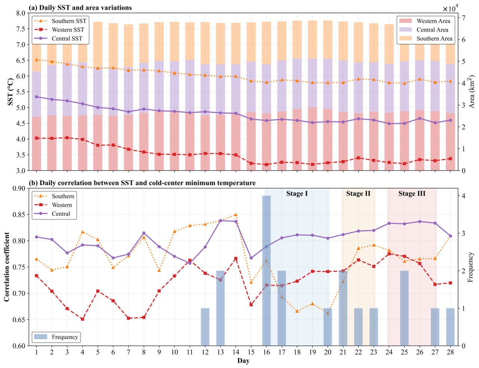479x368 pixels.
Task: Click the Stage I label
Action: (x=297, y=193)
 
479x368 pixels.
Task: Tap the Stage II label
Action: (x=358, y=193)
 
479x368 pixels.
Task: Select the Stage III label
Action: (x=412, y=193)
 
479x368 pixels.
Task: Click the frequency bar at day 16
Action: (x=266, y=271)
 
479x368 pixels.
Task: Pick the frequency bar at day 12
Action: (x=205, y=327)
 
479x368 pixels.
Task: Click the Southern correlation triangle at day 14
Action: (x=236, y=215)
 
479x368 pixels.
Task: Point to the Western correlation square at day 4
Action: (x=82, y=319)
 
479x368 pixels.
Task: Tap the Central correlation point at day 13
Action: (x=220, y=221)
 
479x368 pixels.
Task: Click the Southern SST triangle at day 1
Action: (x=36, y=59)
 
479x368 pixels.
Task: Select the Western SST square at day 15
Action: (x=251, y=163)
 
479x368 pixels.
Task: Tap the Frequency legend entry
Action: (x=56, y=337)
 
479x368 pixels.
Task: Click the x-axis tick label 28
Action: (x=450, y=352)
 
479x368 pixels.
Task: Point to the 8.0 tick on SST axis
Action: (x=21, y=13)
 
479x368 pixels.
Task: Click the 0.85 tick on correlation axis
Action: (x=19, y=214)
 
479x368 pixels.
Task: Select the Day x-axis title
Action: (x=243, y=361)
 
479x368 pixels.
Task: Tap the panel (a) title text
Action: (x=80, y=8)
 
